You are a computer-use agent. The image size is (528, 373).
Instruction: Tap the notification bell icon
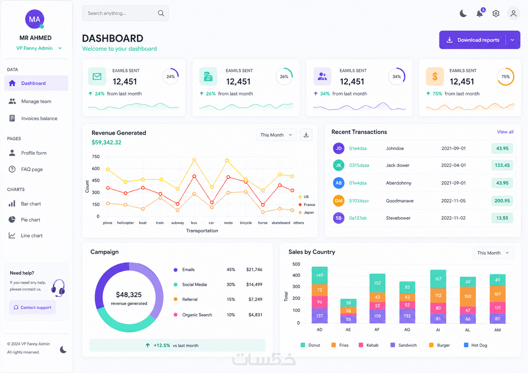coord(479,13)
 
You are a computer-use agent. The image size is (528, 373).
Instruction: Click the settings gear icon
coord(496,13)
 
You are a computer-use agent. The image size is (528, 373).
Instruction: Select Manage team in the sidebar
coord(36,101)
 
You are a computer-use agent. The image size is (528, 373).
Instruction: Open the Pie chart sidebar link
coord(30,220)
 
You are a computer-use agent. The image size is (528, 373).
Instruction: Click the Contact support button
coord(33,307)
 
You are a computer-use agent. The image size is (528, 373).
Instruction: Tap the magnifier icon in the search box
coord(161,13)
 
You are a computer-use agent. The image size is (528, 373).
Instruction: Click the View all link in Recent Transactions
coord(505,132)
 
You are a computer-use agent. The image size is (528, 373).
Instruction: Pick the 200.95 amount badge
coord(502,201)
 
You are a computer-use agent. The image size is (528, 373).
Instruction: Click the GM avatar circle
coord(339,201)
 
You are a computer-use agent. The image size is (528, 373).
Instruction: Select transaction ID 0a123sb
coord(358,218)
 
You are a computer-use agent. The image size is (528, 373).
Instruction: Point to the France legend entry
coord(307,204)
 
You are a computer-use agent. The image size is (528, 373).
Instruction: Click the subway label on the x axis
coord(177,223)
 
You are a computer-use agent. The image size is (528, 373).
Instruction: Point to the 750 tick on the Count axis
coord(96,157)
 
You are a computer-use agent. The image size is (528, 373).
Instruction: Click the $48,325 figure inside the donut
coord(129,295)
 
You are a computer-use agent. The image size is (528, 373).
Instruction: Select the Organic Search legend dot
coord(175,315)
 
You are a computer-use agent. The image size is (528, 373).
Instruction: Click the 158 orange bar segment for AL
coord(468,297)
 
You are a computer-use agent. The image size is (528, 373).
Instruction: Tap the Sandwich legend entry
coord(404,345)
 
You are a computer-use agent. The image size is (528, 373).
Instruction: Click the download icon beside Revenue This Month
coord(306,135)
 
